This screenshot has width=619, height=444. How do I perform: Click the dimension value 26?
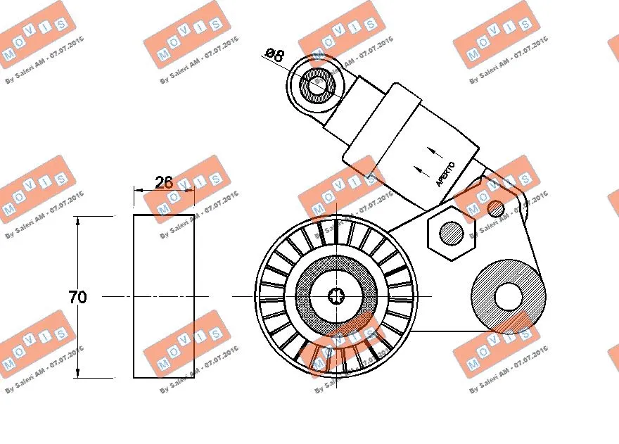pos(163,182)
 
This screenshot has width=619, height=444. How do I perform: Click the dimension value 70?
pos(78,297)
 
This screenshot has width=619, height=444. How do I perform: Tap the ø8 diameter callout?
pos(275,55)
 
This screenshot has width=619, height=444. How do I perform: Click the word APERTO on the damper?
pos(445,175)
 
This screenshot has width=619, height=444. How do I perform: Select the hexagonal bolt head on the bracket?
pos(450,231)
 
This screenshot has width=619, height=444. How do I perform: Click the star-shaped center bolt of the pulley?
pos(336,296)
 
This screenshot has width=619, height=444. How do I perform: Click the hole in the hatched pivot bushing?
pos(508,296)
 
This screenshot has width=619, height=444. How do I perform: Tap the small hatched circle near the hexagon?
pos(495,208)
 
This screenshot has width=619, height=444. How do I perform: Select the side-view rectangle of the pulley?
pos(164,296)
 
